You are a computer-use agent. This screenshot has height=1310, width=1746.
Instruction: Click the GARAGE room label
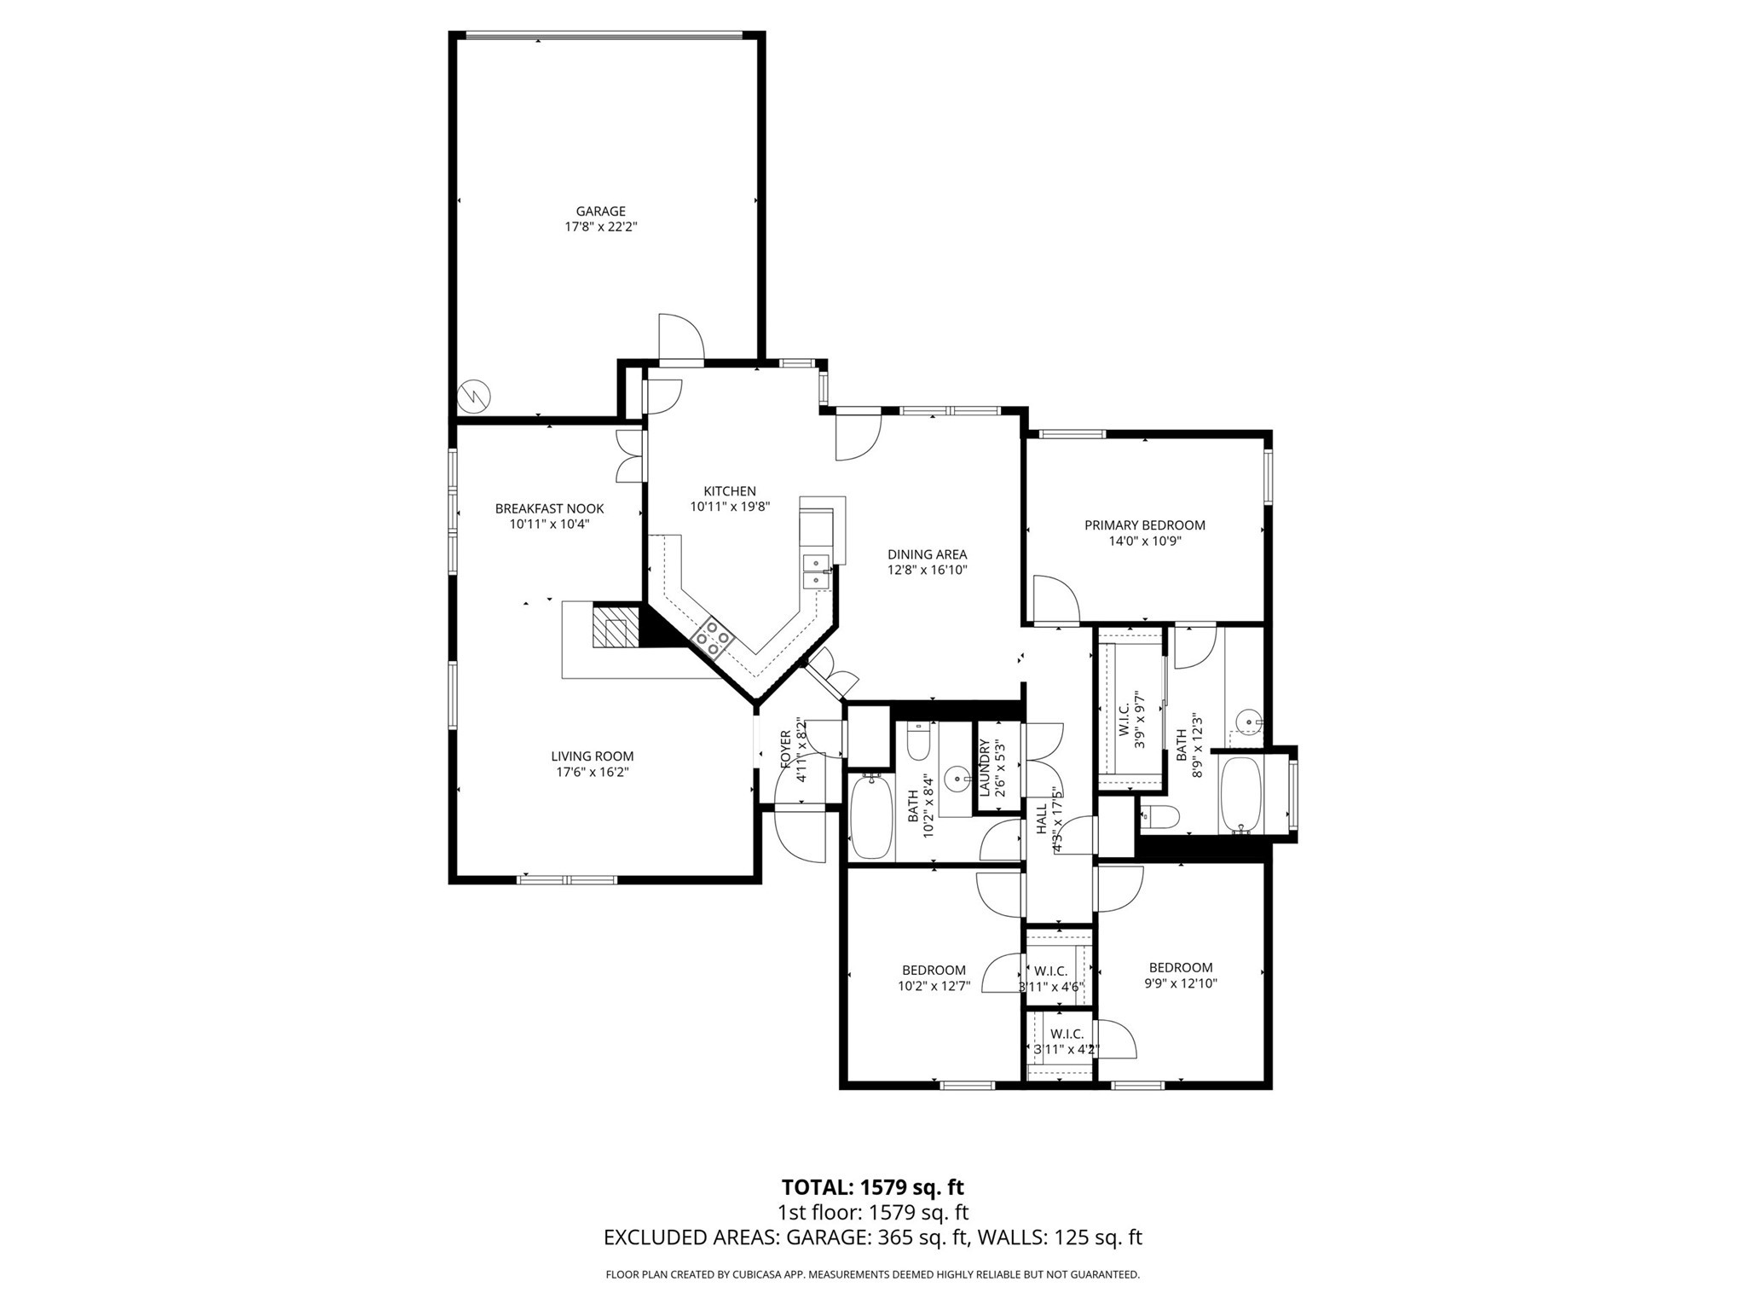(x=600, y=212)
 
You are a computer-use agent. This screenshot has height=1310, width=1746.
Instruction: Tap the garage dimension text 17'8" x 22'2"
(x=600, y=228)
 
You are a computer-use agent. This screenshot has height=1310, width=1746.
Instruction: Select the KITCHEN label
(x=729, y=491)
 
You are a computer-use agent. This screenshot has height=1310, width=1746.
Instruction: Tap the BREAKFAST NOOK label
(x=549, y=509)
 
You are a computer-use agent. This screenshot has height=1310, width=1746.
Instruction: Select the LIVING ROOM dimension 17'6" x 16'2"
(x=592, y=773)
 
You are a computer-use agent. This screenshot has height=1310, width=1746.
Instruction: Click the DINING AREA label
(x=927, y=554)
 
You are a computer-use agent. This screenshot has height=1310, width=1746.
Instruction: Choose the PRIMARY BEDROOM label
(x=1144, y=525)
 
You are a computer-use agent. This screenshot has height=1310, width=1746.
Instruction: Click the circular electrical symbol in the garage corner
(x=473, y=395)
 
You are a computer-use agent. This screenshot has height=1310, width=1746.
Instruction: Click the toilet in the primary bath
(x=1159, y=818)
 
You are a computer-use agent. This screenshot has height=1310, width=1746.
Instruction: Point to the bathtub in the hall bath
(x=871, y=816)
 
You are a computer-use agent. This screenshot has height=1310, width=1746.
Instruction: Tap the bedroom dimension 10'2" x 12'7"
(x=934, y=987)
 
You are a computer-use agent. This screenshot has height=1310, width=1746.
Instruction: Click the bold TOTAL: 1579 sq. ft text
(x=872, y=1187)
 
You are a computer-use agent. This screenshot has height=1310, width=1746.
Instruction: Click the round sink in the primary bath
(x=1249, y=723)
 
